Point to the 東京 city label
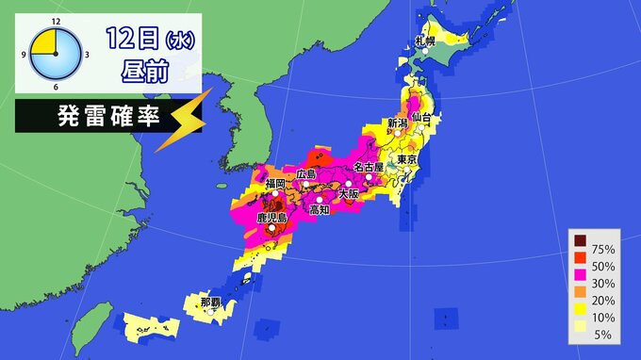[408, 160]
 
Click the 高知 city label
[319, 209]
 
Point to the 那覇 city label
[212, 303]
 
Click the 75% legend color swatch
[580, 249]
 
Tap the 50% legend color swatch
[580, 267]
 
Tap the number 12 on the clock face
[56, 21]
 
